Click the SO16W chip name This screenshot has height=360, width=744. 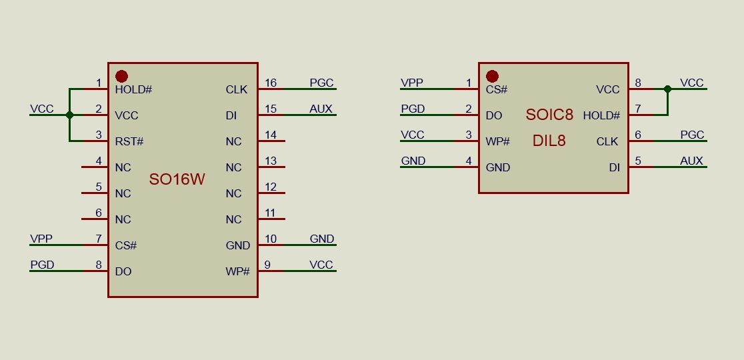177,179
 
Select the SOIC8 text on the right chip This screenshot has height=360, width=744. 549,115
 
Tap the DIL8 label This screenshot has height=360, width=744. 549,141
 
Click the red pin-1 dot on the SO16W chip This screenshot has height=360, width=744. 121,77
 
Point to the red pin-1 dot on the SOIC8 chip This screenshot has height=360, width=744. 492,77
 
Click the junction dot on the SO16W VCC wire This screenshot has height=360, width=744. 70,115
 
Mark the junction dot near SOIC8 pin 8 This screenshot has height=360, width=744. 667,89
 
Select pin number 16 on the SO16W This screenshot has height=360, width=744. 271,83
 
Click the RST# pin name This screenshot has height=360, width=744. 129,141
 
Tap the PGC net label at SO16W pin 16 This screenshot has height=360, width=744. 321,83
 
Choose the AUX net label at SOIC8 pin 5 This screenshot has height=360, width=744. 691,161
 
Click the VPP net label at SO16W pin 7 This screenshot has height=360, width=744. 41,239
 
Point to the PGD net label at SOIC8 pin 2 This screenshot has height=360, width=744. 413,109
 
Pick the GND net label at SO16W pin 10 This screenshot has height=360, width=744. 322,239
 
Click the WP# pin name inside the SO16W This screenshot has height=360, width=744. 237,272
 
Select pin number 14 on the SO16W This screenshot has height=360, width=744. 271,135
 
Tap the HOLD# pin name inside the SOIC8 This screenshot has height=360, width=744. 601,115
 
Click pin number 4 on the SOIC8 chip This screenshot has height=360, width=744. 469,161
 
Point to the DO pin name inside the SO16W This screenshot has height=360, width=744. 123,272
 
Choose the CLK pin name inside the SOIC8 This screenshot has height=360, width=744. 607,141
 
